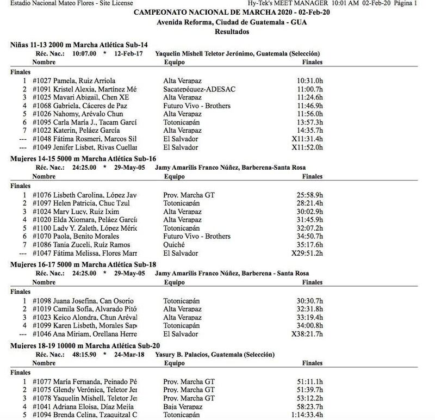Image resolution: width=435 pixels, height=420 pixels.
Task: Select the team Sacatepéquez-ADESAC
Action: click(196, 89)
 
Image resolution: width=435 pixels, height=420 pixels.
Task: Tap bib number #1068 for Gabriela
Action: click(42, 106)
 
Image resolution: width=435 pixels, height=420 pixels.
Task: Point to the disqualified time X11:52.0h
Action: click(308, 147)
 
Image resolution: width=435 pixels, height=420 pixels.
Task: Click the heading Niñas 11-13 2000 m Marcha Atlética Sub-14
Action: click(79, 45)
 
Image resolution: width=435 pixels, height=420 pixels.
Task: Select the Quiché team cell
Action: click(174, 244)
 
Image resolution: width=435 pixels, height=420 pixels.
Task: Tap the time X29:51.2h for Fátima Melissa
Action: click(308, 253)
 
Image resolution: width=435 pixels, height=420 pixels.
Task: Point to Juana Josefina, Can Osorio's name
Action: click(94, 301)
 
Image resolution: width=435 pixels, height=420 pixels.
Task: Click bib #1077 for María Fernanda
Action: click(42, 381)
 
